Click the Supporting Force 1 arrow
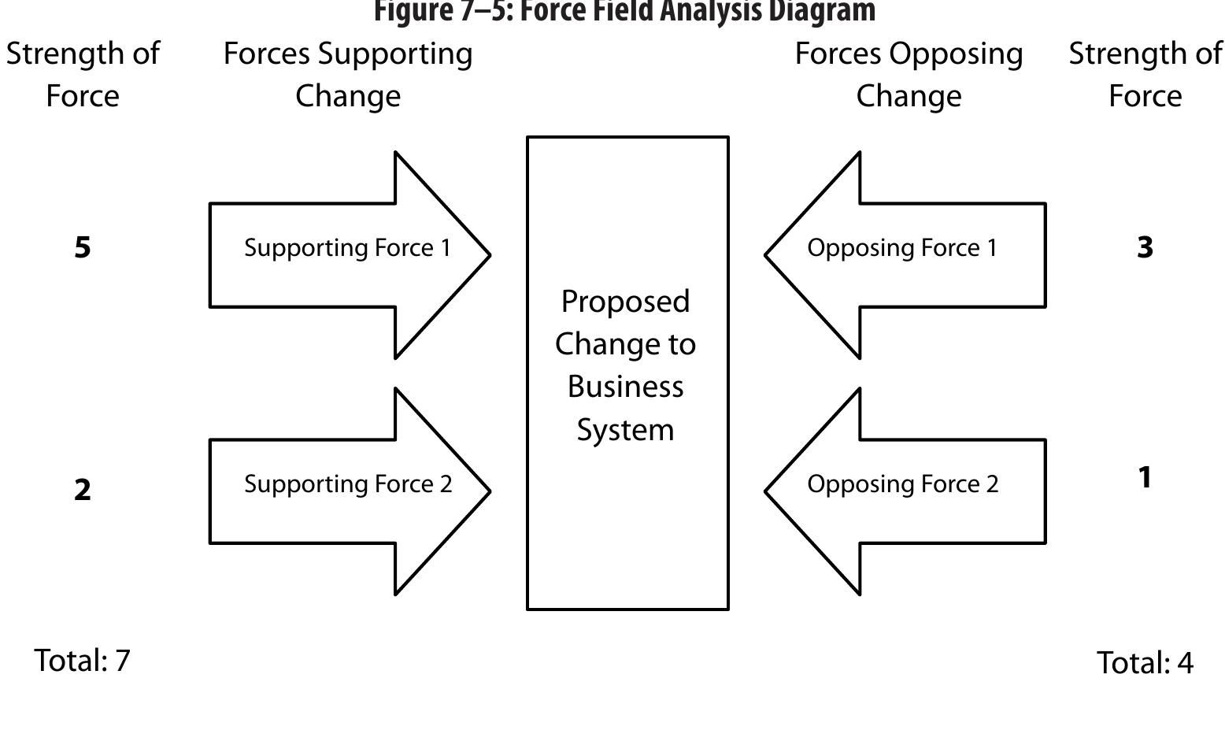[x=346, y=254]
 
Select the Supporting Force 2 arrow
[x=346, y=491]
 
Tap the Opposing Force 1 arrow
[x=905, y=254]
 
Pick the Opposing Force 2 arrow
[x=905, y=491]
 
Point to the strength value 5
[x=83, y=248]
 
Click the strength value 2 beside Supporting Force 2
[x=83, y=491]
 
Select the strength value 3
[x=1145, y=248]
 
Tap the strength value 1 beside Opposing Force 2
[x=1145, y=478]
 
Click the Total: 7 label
[x=83, y=661]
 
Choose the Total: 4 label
[x=1145, y=663]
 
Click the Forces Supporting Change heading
[x=348, y=75]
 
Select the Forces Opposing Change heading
[x=909, y=75]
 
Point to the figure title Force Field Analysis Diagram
[x=624, y=11]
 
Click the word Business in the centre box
[x=626, y=387]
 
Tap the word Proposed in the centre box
[x=626, y=302]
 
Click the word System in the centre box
[x=626, y=430]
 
